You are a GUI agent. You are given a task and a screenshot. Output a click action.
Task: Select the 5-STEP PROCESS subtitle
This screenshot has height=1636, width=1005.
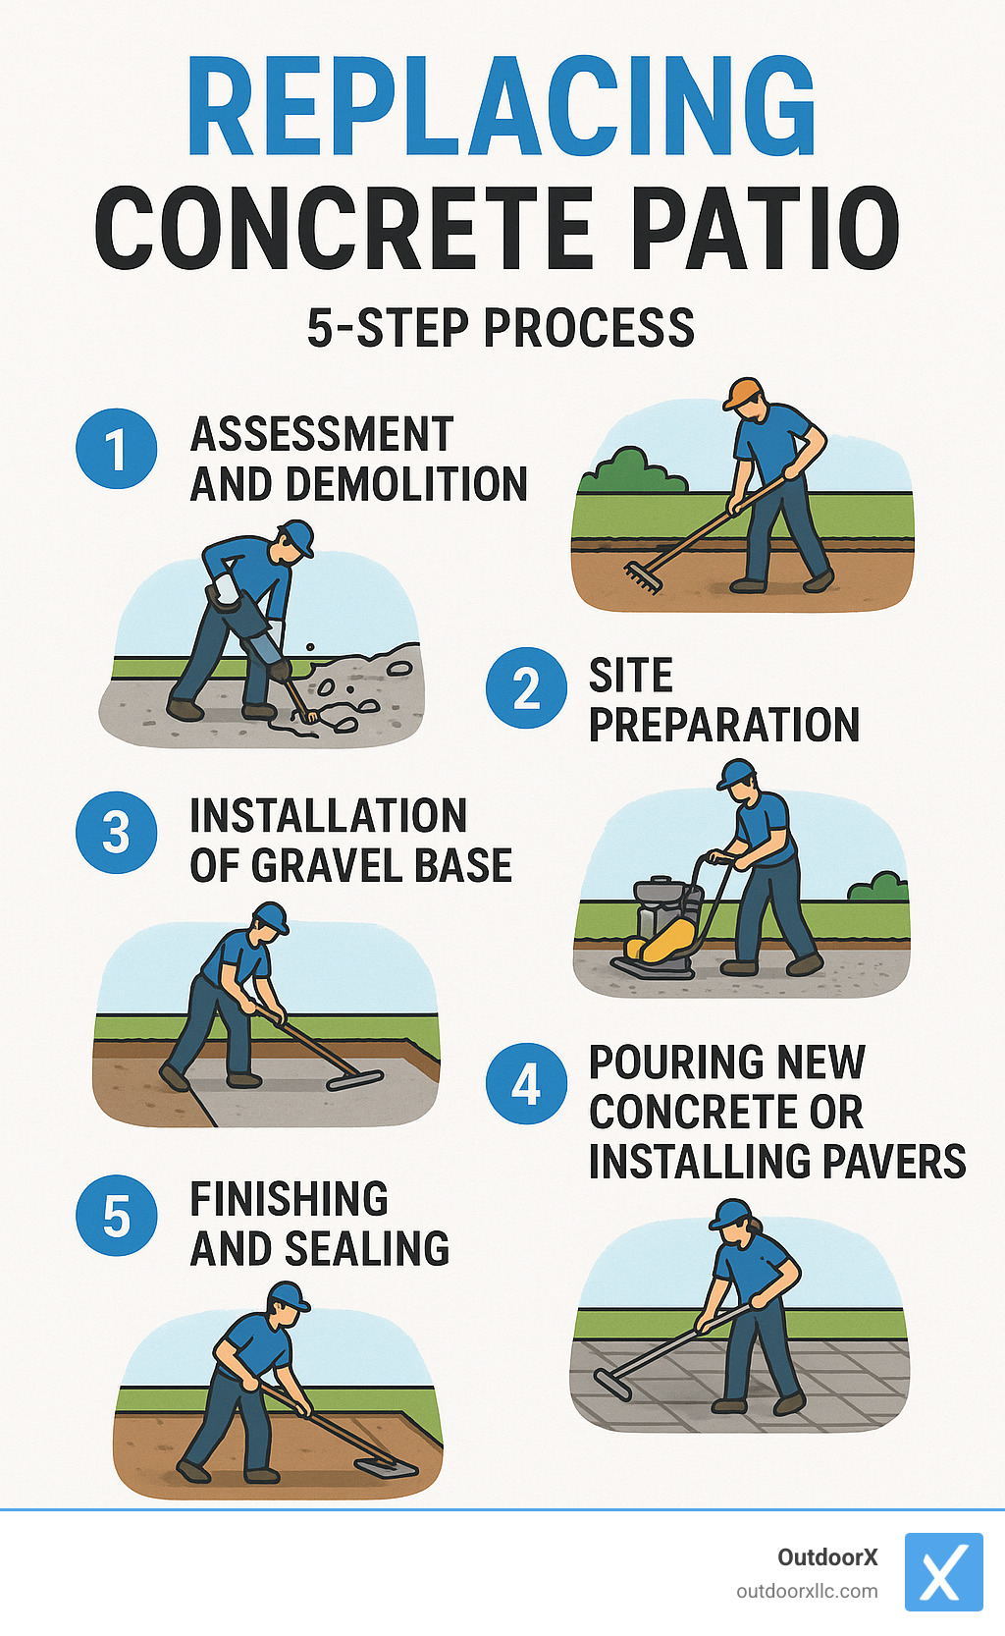pyautogui.click(x=501, y=328)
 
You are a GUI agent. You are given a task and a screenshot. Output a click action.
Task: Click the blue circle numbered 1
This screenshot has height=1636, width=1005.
pyautogui.click(x=116, y=449)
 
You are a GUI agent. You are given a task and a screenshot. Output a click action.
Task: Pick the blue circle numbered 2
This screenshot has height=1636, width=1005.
pyautogui.click(x=526, y=688)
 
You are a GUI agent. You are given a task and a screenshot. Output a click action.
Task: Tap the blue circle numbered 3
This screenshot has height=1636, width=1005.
pyautogui.click(x=116, y=833)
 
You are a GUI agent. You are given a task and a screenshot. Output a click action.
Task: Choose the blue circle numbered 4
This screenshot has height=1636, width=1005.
pyautogui.click(x=526, y=1083)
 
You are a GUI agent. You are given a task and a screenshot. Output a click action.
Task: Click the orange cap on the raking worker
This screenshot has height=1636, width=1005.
pyautogui.click(x=743, y=392)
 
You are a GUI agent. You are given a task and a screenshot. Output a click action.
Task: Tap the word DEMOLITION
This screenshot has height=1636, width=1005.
pyautogui.click(x=406, y=484)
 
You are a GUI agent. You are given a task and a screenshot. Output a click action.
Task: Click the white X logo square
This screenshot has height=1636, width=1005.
pyautogui.click(x=942, y=1572)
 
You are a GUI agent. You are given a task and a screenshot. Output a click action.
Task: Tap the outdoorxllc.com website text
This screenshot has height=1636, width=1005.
pyautogui.click(x=807, y=1591)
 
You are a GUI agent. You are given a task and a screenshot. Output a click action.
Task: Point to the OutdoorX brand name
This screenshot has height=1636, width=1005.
pyautogui.click(x=826, y=1557)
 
